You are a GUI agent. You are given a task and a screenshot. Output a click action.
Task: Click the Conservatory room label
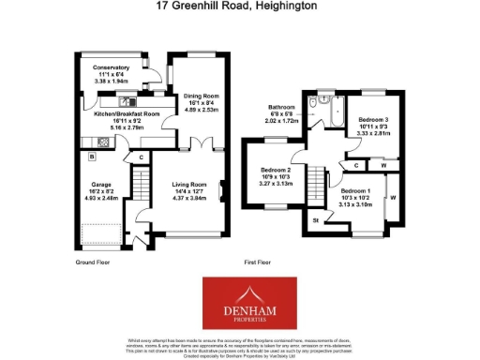pyautogui.click(x=104, y=67)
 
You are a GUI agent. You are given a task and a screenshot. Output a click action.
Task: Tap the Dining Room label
pyautogui.click(x=200, y=96)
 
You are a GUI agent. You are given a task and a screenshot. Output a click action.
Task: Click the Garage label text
pyautogui.click(x=101, y=186)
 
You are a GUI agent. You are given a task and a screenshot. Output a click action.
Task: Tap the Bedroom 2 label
pyautogui.click(x=275, y=171)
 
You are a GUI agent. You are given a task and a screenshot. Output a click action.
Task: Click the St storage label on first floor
pyautogui.click(x=315, y=221)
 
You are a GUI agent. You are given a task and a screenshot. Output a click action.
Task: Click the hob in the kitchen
pyautogui.click(x=102, y=142)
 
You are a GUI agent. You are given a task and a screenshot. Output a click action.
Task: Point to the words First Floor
pyautogui.click(x=259, y=262)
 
